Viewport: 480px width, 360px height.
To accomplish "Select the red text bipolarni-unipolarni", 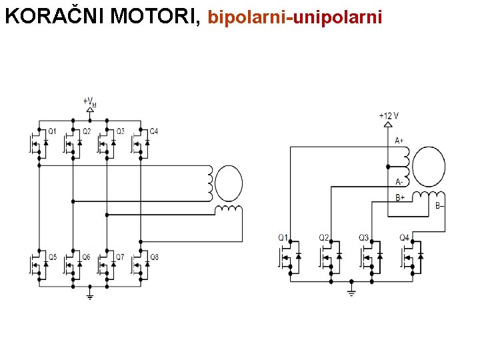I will click(x=295, y=17).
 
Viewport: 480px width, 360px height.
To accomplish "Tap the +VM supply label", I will click(x=90, y=102).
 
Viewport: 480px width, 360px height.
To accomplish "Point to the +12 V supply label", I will click(x=389, y=116).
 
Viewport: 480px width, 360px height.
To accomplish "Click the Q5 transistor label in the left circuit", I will click(x=52, y=257).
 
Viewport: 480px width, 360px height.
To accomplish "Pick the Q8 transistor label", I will click(x=154, y=257).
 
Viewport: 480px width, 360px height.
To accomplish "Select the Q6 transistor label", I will click(x=86, y=257).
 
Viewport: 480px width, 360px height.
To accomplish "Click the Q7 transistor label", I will click(x=120, y=257).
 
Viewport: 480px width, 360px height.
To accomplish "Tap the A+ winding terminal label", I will click(x=399, y=141).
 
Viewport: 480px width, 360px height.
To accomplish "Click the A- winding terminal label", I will click(x=399, y=181).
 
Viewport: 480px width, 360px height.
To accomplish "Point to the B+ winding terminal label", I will click(x=399, y=197).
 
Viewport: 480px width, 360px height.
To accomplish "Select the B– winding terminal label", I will click(x=440, y=206).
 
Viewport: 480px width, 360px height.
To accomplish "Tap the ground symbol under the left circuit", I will click(x=90, y=295).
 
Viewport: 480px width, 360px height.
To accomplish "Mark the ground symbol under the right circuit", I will click(x=352, y=291).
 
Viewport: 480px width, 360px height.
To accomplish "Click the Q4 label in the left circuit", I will click(x=154, y=131).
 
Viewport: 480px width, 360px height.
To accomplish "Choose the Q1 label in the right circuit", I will click(x=283, y=237).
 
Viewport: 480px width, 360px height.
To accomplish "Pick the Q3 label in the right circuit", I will click(x=363, y=237).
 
